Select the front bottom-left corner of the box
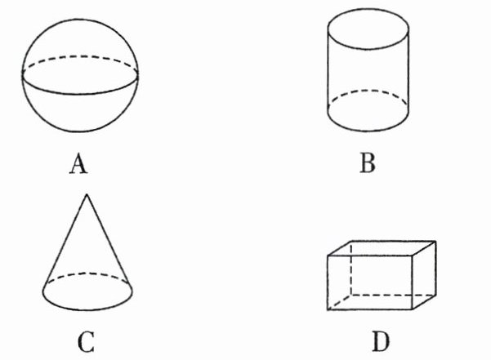tap(328, 310)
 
